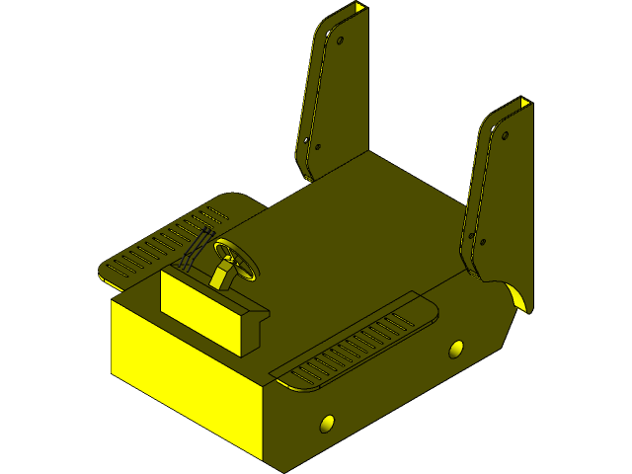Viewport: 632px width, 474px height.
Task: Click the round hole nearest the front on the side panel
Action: (x=328, y=424)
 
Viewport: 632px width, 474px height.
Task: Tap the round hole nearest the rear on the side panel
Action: (x=455, y=349)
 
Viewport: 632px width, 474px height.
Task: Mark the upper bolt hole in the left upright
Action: (x=341, y=41)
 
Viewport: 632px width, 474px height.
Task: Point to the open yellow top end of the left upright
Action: (x=356, y=9)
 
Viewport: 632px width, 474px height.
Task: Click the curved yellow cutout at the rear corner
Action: (x=517, y=297)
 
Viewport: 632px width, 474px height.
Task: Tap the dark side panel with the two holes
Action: (x=395, y=395)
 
